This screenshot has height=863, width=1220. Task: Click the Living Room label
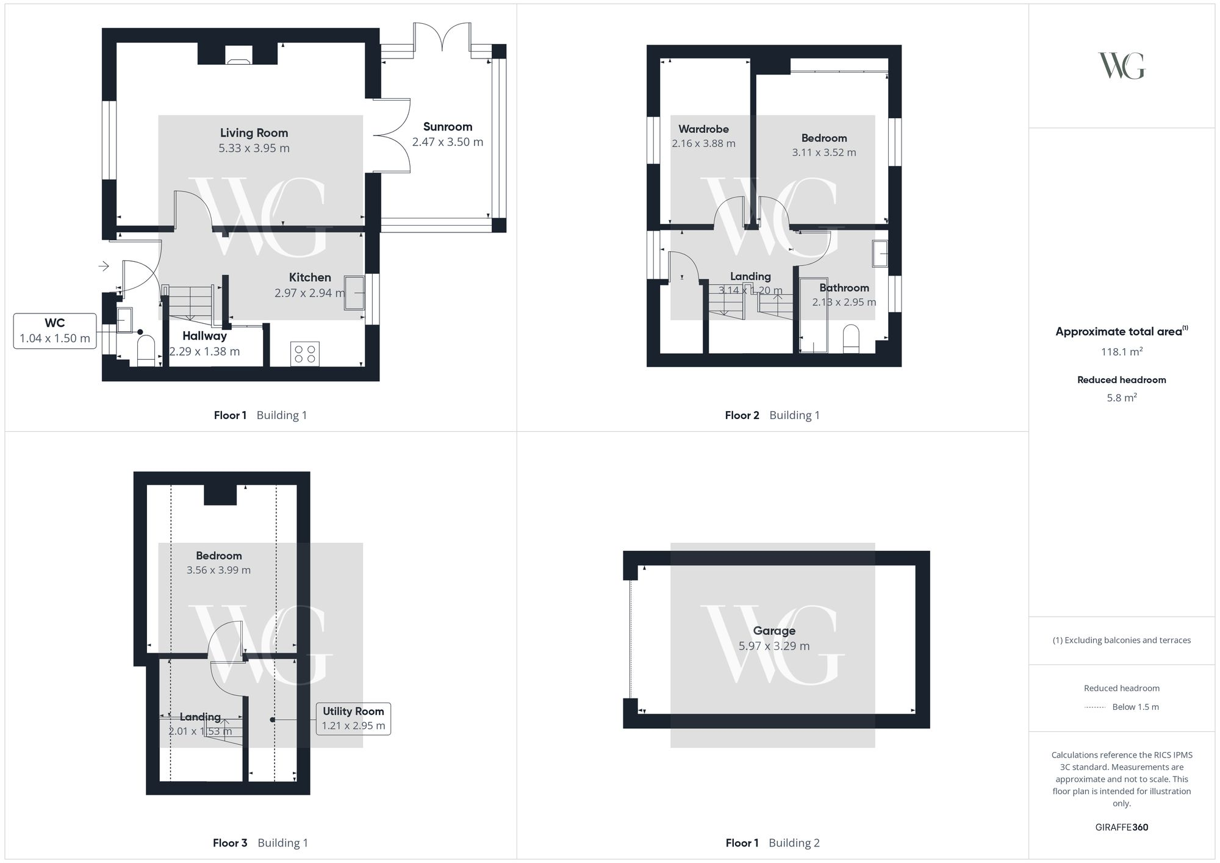coord(254,132)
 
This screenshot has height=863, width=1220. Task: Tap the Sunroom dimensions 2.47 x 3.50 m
coord(447,142)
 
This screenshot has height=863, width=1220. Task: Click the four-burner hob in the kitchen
coord(305,354)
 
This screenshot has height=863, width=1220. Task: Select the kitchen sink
coord(354,293)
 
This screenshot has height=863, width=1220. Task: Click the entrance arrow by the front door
coord(104,266)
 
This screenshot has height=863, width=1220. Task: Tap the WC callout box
coord(55,331)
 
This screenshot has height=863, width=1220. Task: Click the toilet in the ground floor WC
coord(146,353)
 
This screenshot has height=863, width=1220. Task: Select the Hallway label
coord(204,336)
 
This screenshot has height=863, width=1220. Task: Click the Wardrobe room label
coord(703,129)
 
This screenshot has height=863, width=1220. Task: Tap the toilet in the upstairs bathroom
coord(850,339)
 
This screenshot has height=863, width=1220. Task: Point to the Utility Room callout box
coord(353,718)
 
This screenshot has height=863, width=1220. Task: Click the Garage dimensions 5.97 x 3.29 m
coord(774,646)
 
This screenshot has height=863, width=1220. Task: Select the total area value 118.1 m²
coord(1121,352)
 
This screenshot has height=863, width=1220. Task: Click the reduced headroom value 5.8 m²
coord(1121,398)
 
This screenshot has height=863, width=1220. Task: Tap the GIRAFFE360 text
coord(1121,828)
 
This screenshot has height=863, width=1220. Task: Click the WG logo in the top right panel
coord(1121,66)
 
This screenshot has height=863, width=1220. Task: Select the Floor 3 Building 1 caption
coord(260,843)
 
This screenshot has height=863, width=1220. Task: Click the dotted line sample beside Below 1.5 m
coord(1095,707)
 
